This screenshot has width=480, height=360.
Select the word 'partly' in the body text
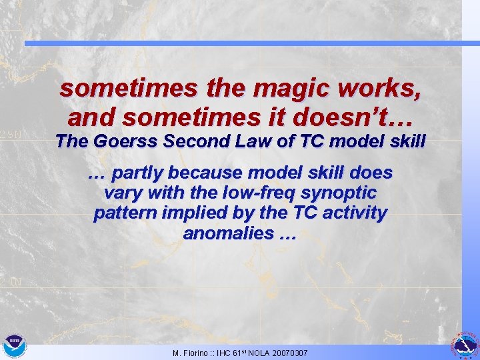[138, 173]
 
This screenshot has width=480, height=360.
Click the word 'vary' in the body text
[121, 193]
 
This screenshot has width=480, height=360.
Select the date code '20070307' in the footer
[288, 352]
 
